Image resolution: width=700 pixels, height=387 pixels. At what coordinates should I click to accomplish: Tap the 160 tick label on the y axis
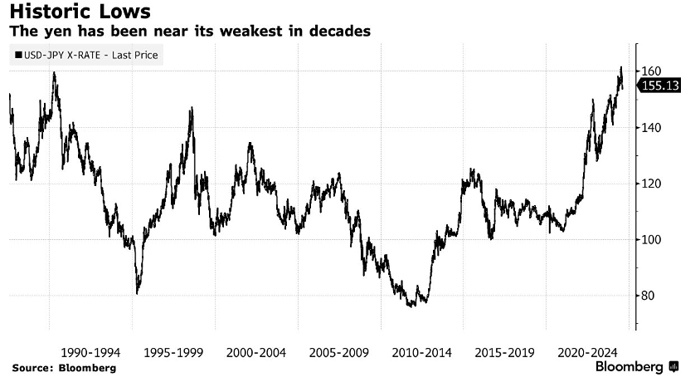(651, 71)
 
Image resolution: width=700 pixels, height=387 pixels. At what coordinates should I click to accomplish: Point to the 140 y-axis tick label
(651, 128)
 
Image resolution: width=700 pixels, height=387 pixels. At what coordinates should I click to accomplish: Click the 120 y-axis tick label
(651, 184)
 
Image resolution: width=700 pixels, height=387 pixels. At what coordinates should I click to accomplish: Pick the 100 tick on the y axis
(651, 240)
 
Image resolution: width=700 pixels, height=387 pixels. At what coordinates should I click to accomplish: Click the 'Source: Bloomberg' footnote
(63, 367)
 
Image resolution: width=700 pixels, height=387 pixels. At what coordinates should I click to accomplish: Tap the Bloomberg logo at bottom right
(636, 367)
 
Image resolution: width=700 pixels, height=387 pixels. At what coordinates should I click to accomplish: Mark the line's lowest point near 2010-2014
(410, 306)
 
